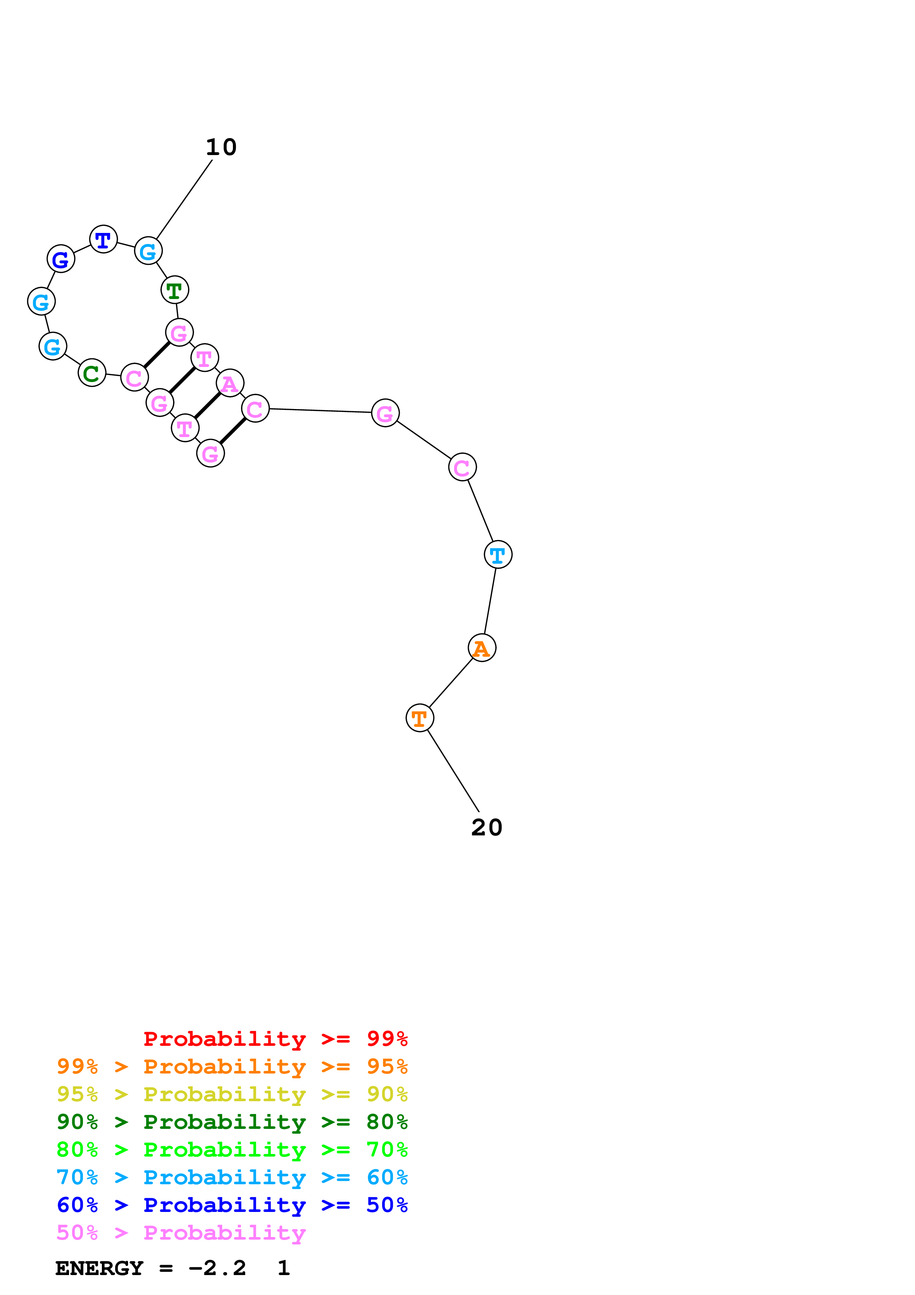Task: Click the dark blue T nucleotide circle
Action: click(103, 239)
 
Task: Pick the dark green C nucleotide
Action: click(92, 373)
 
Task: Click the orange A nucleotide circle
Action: click(482, 648)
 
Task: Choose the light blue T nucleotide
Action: click(498, 554)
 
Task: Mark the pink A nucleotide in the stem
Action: click(230, 384)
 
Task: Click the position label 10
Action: click(221, 147)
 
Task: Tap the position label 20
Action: click(486, 827)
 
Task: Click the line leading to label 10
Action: click(184, 199)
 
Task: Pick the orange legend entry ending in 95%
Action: click(232, 1066)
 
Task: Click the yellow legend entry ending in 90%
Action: click(232, 1094)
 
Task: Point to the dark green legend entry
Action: click(232, 1122)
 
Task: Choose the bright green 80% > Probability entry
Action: click(232, 1150)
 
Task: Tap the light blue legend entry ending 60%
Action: click(232, 1177)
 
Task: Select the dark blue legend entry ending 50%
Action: click(232, 1205)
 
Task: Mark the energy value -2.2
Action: click(218, 1268)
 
